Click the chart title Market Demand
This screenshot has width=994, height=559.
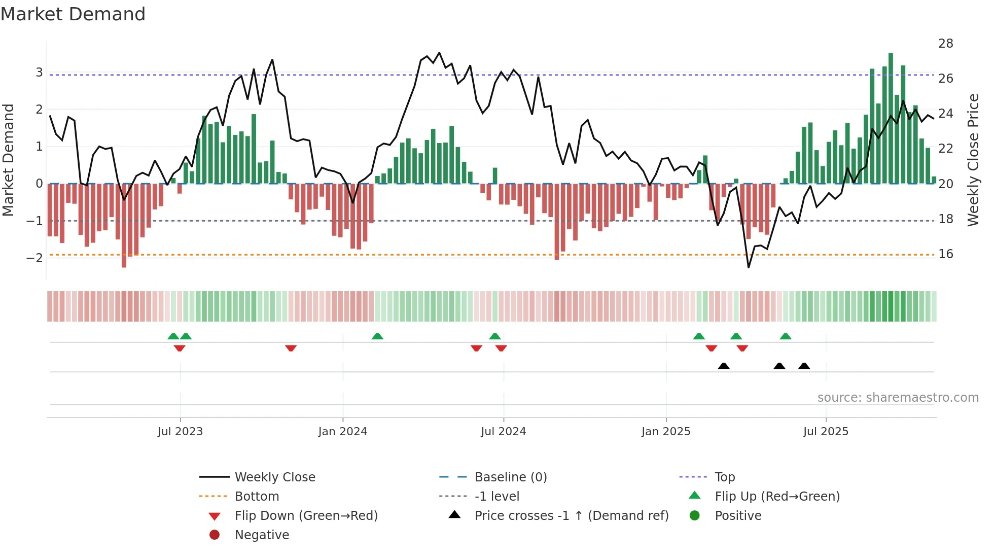[73, 14]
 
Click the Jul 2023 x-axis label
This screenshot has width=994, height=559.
[180, 432]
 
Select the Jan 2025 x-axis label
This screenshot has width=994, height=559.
[665, 432]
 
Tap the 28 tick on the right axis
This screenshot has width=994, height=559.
[945, 44]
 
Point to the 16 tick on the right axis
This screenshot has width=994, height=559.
[945, 254]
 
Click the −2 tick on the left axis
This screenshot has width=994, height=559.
[35, 258]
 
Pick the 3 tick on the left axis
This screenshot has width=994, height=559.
[39, 73]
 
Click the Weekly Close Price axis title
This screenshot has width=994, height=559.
[973, 160]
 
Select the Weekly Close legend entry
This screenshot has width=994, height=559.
[274, 477]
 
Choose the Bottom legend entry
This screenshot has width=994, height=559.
[257, 497]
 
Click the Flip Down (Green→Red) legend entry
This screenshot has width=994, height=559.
[306, 516]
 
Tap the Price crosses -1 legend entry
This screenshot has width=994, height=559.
[571, 516]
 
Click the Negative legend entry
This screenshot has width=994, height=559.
[262, 535]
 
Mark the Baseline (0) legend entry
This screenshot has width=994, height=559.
[510, 477]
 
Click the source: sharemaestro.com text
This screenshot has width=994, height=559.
[898, 398]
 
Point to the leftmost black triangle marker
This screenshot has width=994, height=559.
[724, 366]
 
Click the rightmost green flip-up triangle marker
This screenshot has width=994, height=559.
[786, 336]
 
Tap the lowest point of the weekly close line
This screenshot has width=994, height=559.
[749, 267]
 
